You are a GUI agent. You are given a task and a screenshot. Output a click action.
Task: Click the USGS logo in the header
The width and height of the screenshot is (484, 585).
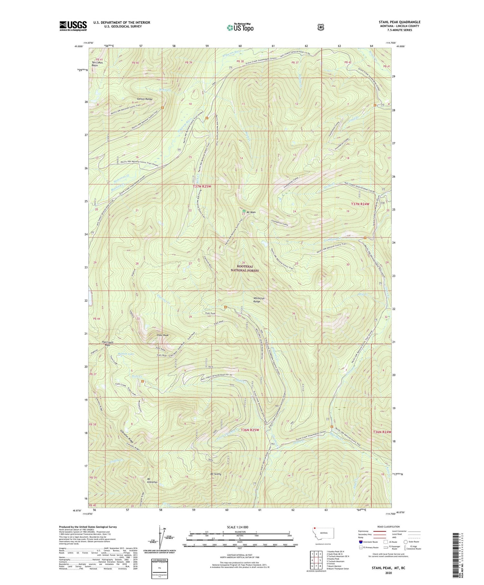tap(73, 26)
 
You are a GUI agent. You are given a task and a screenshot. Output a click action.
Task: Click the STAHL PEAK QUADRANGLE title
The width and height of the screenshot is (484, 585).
tap(399, 22)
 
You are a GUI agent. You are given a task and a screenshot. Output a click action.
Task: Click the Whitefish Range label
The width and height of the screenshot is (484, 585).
tap(259, 300)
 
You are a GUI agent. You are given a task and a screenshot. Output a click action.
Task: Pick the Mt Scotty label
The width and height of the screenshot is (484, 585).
tap(216, 474)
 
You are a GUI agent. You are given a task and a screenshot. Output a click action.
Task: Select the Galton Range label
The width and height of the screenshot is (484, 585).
tap(144, 99)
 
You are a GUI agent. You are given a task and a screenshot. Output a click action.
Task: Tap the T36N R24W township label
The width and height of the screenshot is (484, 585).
tap(382, 432)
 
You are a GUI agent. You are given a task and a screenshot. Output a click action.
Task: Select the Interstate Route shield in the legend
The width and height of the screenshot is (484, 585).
tap(360, 542)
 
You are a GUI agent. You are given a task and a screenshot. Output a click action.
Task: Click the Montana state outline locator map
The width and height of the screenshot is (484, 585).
tap(324, 534)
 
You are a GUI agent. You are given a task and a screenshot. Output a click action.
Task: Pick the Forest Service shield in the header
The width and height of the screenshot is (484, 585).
tap(320, 27)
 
